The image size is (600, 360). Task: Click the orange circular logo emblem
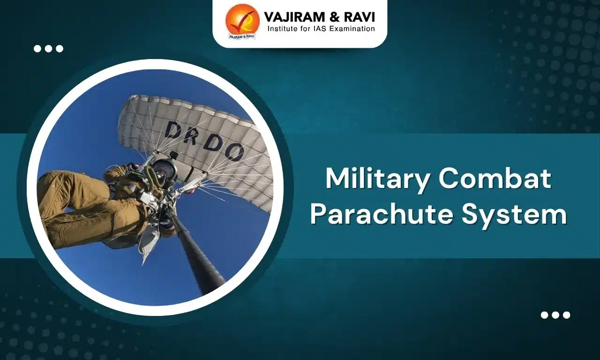[242, 20]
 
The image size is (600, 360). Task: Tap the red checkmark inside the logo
[244, 19]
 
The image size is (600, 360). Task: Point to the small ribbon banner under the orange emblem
[242, 36]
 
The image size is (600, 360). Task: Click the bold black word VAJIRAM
[292, 17]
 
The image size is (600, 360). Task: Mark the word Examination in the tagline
[352, 29]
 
